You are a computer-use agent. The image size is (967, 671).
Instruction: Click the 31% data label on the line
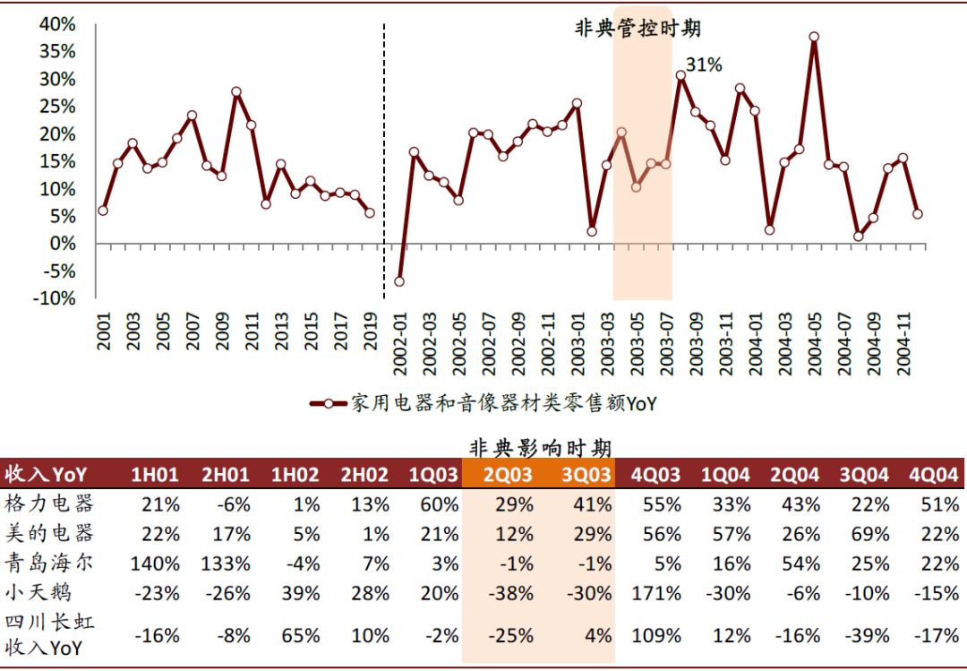coord(705,65)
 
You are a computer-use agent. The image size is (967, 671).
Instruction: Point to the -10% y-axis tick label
coord(54,298)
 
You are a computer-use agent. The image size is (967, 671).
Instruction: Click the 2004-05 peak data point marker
coord(814,38)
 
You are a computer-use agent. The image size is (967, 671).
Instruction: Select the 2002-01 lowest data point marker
coord(399,281)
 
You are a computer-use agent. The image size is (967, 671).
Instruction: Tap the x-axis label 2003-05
coord(638,343)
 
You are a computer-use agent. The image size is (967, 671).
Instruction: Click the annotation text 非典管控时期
coord(637,29)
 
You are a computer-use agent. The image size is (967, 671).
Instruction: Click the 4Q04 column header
coord(933,474)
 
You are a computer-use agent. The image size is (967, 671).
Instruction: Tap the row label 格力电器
coord(49,503)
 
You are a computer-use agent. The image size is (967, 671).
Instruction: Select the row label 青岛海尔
coord(49,563)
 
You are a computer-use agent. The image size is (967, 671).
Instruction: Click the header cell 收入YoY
coord(45,474)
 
